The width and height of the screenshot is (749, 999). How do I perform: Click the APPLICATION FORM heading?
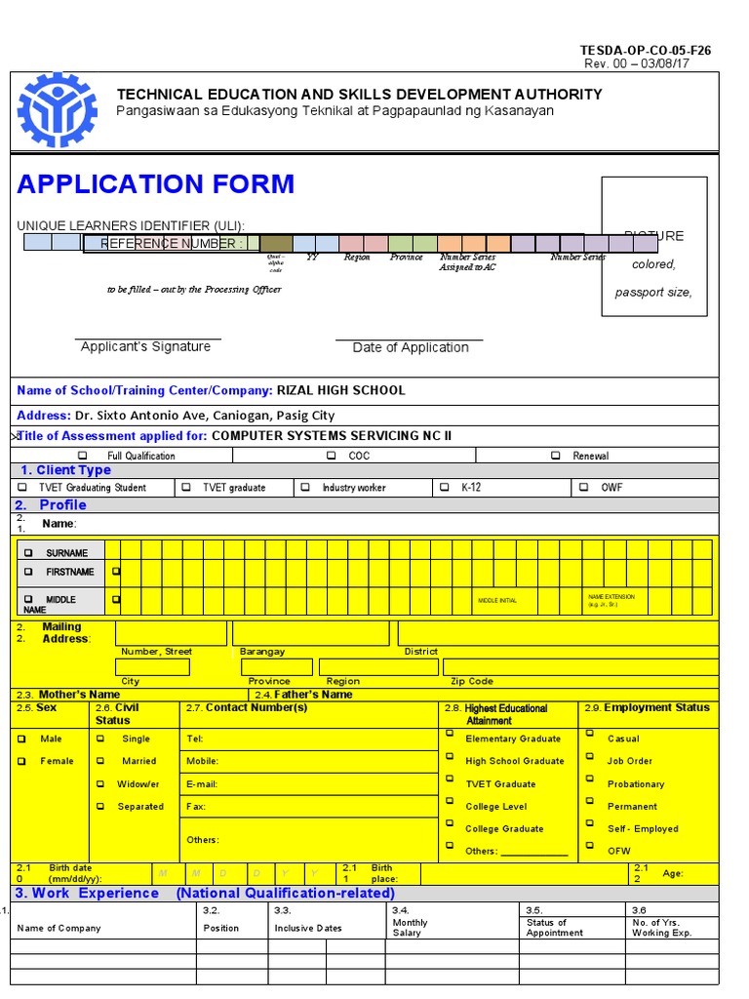click(x=156, y=184)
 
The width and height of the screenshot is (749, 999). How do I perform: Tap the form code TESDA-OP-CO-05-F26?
click(x=646, y=51)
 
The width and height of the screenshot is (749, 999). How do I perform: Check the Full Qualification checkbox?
click(x=83, y=456)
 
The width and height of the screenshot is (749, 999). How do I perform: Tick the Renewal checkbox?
click(x=555, y=456)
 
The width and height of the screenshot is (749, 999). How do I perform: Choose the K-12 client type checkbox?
click(x=445, y=487)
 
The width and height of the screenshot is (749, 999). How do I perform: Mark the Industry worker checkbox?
click(x=305, y=487)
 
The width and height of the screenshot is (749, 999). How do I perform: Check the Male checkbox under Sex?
click(x=21, y=739)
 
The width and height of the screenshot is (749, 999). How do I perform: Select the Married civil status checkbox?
click(x=100, y=761)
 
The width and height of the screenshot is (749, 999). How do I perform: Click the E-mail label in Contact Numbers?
click(x=201, y=784)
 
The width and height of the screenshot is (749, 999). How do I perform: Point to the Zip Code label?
click(x=471, y=681)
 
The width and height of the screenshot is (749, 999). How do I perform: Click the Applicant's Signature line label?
click(x=145, y=346)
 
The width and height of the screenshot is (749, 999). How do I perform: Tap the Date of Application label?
click(x=411, y=347)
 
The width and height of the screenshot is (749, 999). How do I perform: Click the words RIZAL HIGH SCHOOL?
click(x=340, y=390)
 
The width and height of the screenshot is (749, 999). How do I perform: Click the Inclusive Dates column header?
click(x=308, y=928)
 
